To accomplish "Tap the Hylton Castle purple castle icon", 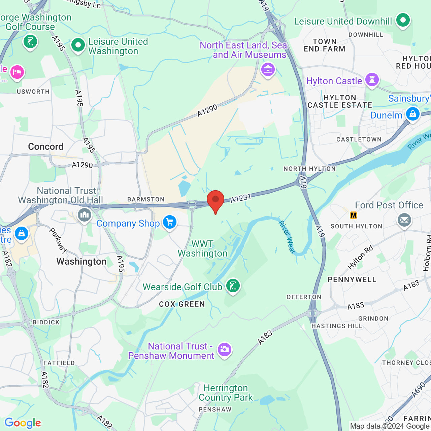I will (372, 80).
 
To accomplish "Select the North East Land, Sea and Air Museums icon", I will (268, 70).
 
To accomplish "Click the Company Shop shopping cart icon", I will (170, 223).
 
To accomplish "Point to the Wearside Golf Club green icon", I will (233, 286).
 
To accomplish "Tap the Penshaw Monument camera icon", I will (224, 350).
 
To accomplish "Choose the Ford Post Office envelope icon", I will (404, 220).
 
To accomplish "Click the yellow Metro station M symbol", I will (354, 215).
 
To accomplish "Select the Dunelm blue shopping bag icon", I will (412, 114).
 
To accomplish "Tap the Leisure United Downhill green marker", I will (403, 20).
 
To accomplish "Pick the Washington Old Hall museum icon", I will (85, 215).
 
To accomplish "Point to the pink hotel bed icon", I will (17, 72).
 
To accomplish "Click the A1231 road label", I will (241, 198).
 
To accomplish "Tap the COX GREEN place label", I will (182, 304).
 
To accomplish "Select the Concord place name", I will (46, 146).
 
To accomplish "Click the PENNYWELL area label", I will (352, 279).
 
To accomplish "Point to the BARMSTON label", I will (146, 199).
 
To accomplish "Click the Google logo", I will (23, 423).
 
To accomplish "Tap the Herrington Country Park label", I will (226, 393).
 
